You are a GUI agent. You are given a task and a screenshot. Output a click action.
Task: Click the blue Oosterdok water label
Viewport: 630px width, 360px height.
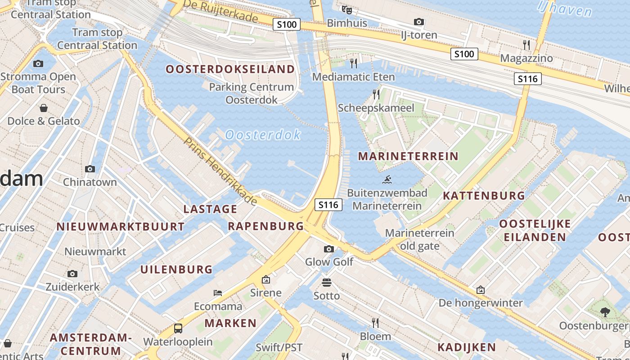[x=263, y=135]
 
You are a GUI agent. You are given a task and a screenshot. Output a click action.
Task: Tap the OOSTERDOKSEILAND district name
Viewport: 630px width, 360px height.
[x=230, y=69]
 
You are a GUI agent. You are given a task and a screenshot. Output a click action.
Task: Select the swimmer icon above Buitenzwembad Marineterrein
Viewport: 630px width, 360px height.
[x=387, y=180]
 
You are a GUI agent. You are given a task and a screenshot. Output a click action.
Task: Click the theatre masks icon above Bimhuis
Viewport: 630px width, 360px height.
[x=346, y=9]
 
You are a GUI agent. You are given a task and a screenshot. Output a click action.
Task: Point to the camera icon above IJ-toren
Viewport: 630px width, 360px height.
[x=419, y=22]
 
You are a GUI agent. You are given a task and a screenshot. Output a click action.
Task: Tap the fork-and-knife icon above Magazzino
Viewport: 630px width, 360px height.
[x=526, y=45]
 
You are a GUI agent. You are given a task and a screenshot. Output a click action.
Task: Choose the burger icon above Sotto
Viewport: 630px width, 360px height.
[x=327, y=283]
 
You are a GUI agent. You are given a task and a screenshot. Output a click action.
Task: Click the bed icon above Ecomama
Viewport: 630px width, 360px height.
[x=218, y=293]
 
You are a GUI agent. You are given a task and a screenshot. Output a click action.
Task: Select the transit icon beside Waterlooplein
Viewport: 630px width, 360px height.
[x=178, y=328]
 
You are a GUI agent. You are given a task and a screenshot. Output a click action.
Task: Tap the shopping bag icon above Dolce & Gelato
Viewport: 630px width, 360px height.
[x=44, y=108]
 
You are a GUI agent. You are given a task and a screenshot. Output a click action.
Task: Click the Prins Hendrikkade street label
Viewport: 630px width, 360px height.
[x=220, y=171]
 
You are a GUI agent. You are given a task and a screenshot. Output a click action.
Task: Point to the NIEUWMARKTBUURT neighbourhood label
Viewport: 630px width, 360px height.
[x=121, y=226]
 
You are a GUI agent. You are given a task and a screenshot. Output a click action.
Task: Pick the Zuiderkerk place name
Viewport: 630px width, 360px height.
[x=72, y=287]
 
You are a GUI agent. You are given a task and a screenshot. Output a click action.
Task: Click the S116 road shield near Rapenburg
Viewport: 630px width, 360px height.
[x=328, y=205]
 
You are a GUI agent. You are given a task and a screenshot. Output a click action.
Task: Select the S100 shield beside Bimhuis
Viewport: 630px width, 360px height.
[x=287, y=24]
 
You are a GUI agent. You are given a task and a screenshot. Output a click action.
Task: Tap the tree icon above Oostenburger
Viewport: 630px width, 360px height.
[x=605, y=312]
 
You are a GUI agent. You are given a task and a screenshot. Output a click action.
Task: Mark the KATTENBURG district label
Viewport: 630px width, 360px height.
[x=484, y=196]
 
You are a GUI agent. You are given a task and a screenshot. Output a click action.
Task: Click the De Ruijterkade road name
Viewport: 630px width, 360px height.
[x=221, y=12]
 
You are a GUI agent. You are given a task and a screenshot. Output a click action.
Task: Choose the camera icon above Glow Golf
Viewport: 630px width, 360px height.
[x=329, y=249]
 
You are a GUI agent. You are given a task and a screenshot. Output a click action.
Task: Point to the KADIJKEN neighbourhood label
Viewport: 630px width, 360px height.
[x=467, y=347]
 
